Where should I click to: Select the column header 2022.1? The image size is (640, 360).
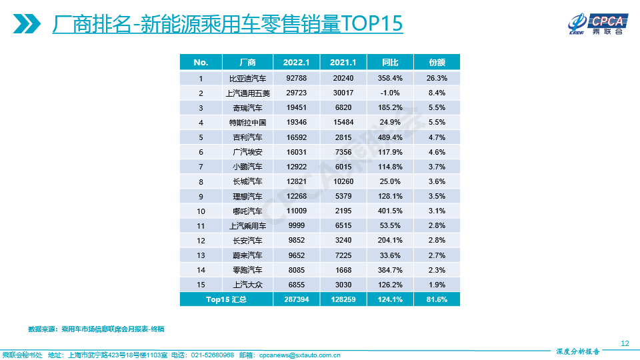(x=296, y=63)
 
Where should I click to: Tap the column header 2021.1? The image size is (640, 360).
(x=343, y=63)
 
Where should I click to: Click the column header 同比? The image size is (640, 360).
(x=390, y=63)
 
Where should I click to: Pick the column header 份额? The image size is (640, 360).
(x=437, y=63)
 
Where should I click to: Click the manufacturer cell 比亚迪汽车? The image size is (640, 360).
(x=247, y=78)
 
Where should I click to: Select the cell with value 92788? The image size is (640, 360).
(x=296, y=78)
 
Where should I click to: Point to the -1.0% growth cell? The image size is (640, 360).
(x=390, y=93)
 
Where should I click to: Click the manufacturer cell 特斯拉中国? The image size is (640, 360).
(x=247, y=123)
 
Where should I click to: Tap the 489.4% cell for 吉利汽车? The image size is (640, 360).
(x=390, y=137)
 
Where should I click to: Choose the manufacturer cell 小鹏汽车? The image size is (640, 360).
(x=247, y=167)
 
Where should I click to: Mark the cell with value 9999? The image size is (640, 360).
(x=296, y=225)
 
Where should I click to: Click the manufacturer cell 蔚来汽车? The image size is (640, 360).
(x=247, y=255)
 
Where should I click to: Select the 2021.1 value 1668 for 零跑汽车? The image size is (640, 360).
(x=343, y=270)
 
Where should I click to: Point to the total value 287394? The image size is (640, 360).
(x=296, y=299)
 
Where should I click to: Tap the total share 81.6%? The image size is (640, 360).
(x=437, y=299)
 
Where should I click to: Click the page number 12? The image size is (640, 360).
(x=625, y=343)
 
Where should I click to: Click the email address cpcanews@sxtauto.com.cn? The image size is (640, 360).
(x=299, y=355)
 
